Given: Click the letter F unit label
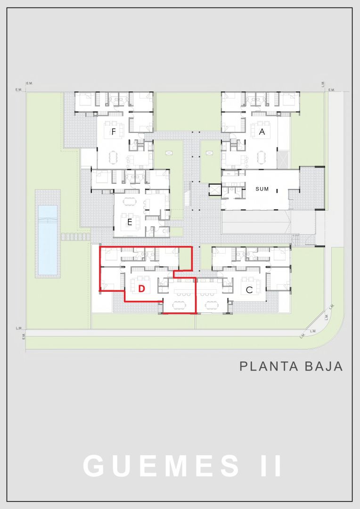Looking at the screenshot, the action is [x=114, y=132].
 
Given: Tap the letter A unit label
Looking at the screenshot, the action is [x=262, y=132].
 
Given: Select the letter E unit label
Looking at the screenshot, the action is [x=130, y=222].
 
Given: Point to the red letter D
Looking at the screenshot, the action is [x=141, y=288].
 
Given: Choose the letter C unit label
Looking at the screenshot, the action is [x=249, y=290].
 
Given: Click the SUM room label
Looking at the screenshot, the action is [x=262, y=189].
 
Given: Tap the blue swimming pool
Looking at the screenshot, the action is [x=48, y=239].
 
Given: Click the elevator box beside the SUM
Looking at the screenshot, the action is [x=215, y=189].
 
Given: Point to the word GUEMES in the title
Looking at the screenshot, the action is [x=161, y=466].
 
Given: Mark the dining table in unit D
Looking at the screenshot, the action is [x=179, y=305].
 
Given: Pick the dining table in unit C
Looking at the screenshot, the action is [x=212, y=305].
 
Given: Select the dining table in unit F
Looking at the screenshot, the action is [x=113, y=157].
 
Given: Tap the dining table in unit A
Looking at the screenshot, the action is [x=262, y=157].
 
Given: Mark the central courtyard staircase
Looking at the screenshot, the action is [x=187, y=194].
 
